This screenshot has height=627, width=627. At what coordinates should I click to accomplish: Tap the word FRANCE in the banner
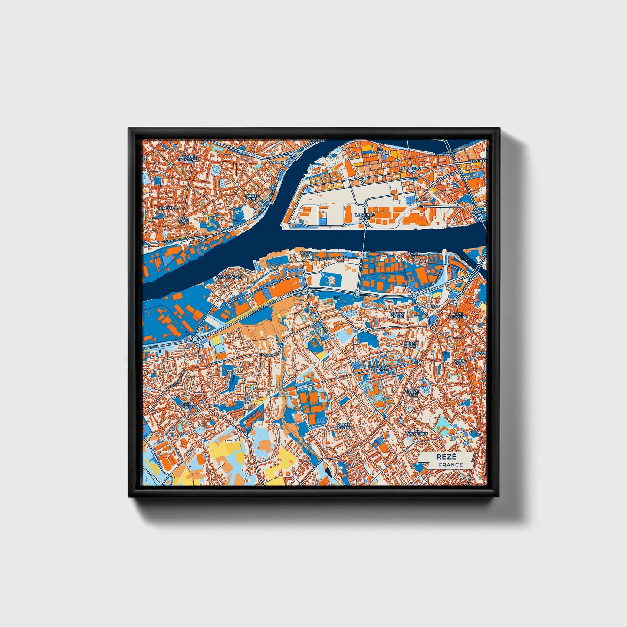(450, 465)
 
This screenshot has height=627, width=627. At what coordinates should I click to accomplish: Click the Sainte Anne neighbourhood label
(251, 197)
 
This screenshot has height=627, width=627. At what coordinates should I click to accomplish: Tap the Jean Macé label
(184, 220)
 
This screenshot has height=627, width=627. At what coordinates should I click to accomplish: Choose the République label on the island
(411, 167)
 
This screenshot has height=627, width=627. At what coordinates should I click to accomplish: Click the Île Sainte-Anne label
(364, 216)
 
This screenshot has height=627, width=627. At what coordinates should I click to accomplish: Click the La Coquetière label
(417, 431)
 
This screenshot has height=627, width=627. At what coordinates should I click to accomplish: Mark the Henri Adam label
(409, 345)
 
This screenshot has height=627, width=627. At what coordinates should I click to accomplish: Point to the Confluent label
(429, 306)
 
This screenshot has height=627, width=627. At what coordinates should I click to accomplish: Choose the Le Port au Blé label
(397, 315)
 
